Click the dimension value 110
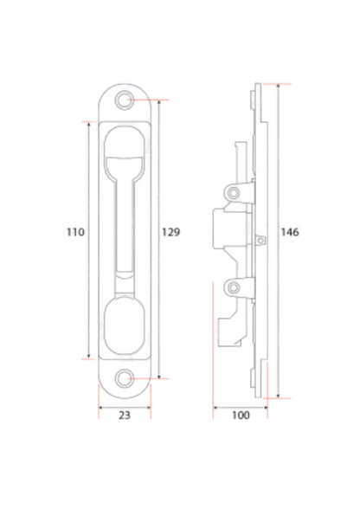tap(75, 232)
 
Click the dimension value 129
tap(171, 232)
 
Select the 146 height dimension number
tap(291, 232)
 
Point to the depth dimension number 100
tap(241, 416)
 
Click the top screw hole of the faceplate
tap(127, 100)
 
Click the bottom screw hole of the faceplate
tap(127, 378)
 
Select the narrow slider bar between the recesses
tap(127, 234)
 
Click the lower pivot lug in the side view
tap(233, 287)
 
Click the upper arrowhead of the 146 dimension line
tap(277, 87)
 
